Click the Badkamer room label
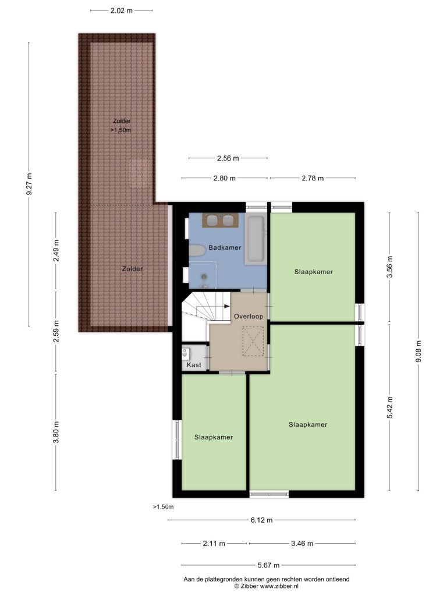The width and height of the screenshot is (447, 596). [225, 247]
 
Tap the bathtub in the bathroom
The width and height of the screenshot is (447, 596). [256, 239]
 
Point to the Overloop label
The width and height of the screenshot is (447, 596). [249, 316]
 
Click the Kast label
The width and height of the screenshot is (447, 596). [194, 365]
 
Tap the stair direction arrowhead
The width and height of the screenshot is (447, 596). [227, 306]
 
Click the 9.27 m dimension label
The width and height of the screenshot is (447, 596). [29, 184]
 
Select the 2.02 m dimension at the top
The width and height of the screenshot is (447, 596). [122, 10]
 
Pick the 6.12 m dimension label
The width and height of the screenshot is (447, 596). [261, 520]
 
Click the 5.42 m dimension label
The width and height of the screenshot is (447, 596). [389, 407]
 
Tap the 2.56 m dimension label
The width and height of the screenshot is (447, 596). [228, 158]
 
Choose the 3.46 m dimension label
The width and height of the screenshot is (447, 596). [302, 544]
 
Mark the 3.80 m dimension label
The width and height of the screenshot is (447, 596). [56, 432]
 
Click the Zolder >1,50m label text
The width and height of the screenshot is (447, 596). [121, 126]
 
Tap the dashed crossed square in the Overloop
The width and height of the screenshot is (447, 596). [253, 341]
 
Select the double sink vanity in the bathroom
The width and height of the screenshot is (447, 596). [220, 221]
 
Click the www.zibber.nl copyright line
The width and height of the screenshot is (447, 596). [267, 586]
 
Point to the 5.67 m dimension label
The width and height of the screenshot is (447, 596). [268, 565]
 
